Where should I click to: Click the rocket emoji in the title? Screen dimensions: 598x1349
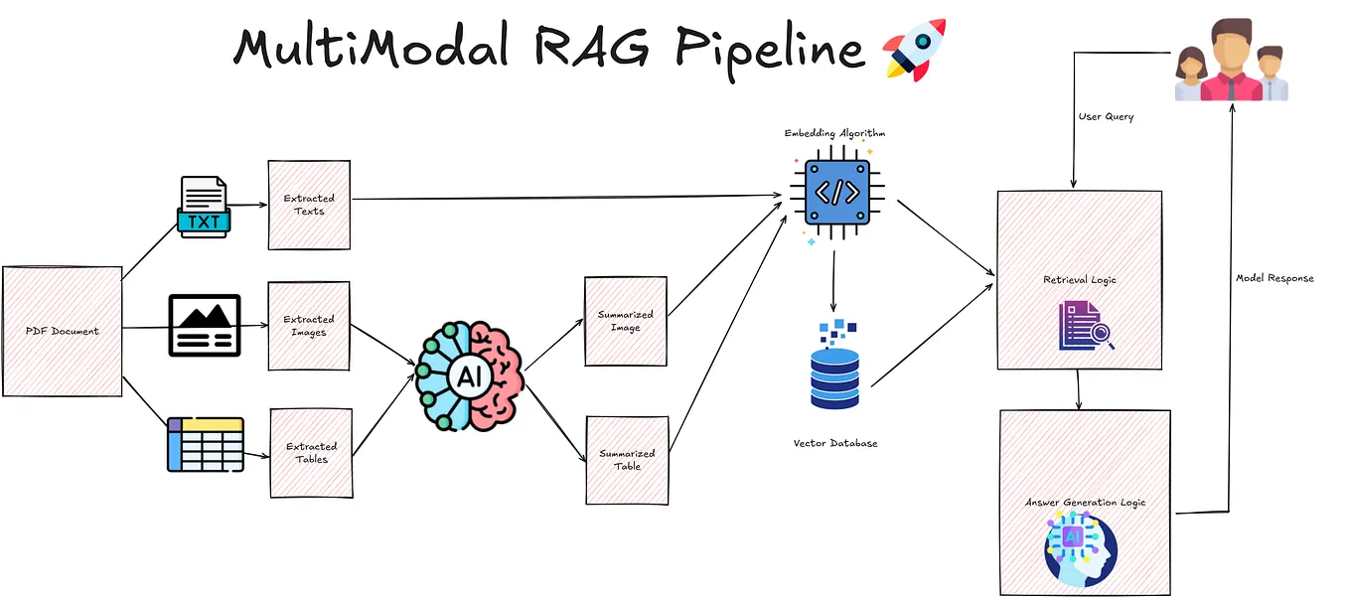(x=914, y=49)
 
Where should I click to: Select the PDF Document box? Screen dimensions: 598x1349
(x=63, y=331)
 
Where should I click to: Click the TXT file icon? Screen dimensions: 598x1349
(x=204, y=207)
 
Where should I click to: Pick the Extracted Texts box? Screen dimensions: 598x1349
(x=309, y=205)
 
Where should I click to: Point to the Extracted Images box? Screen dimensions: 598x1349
(x=309, y=326)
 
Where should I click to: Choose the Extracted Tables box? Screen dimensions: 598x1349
(x=312, y=453)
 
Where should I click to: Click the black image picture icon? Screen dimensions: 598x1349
(x=205, y=325)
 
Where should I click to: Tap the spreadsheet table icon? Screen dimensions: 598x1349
(x=206, y=444)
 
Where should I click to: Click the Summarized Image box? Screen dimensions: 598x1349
(x=626, y=321)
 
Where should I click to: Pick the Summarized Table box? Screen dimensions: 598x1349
(x=627, y=460)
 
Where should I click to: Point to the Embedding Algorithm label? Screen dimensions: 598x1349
(x=834, y=132)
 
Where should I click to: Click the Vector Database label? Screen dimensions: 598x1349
(x=835, y=443)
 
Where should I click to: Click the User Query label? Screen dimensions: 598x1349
(x=1106, y=116)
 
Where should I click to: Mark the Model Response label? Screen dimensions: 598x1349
(x=1274, y=278)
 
